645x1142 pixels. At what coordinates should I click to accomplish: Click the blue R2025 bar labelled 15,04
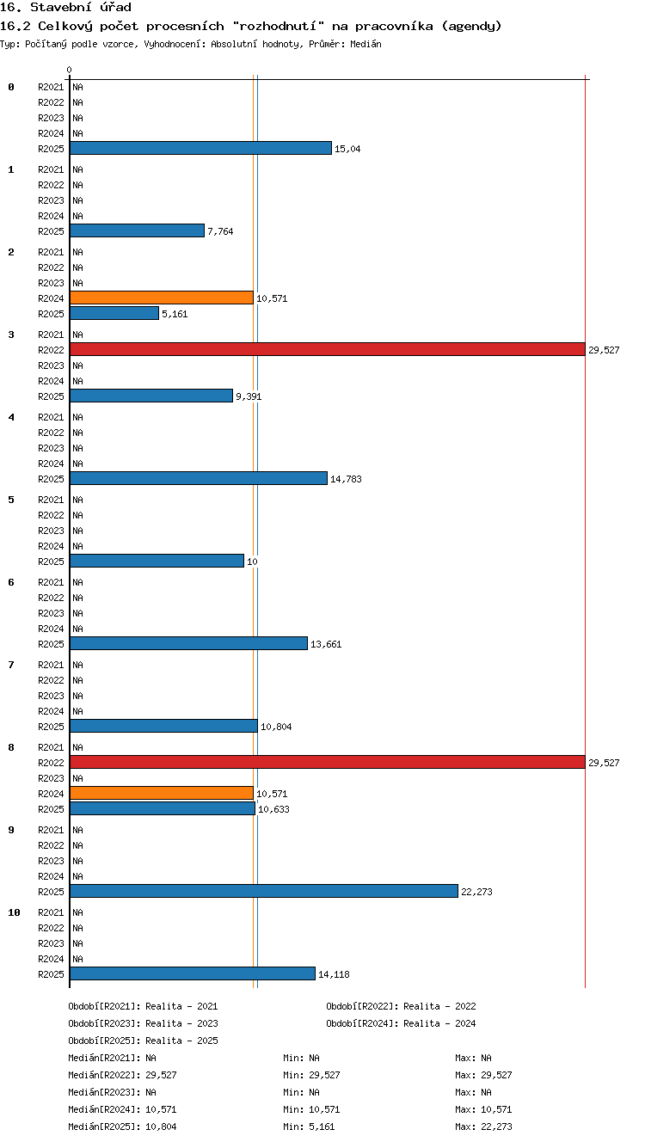pos(201,149)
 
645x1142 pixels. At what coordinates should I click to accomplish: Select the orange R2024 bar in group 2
pos(162,298)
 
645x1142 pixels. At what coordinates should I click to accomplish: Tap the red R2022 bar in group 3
pos(328,349)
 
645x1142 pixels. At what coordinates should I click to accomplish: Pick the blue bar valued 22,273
pos(264,891)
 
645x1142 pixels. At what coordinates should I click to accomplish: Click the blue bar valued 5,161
pos(114,314)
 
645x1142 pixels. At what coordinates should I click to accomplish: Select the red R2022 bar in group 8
pos(328,762)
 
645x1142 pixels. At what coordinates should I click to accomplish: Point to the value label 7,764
pos(220,231)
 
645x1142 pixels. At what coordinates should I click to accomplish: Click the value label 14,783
pos(346,479)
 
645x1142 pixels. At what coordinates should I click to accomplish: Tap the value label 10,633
pos(273,809)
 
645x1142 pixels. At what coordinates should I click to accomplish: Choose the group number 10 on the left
pos(14,912)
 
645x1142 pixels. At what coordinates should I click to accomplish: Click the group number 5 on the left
pos(11,500)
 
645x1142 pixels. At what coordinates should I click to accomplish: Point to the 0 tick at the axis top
pos(70,70)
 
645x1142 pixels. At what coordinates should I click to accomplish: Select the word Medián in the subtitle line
pos(365,44)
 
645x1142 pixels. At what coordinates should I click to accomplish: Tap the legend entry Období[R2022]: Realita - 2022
pos(401,1006)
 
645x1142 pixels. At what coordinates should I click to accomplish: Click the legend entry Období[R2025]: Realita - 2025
pos(143,1041)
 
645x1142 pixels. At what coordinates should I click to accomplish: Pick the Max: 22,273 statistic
pos(483,1127)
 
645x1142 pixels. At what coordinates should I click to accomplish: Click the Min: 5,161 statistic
pos(309,1127)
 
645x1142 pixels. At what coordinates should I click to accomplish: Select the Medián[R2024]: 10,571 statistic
pos(122,1109)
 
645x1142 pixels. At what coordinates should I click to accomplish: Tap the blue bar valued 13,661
pos(188,643)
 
